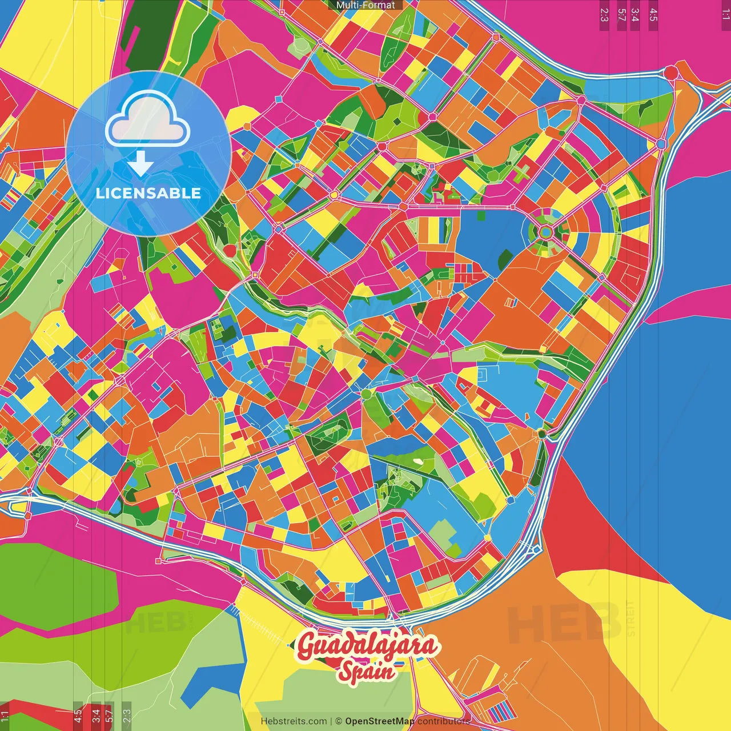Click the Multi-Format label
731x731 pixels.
pyautogui.click(x=365, y=5)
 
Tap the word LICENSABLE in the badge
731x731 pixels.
pyautogui.click(x=148, y=193)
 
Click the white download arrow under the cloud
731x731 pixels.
pyautogui.click(x=140, y=164)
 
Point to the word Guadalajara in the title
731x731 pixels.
pyautogui.click(x=368, y=646)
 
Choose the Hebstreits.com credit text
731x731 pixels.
pyautogui.click(x=294, y=721)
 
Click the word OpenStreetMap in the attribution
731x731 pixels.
pyautogui.click(x=380, y=721)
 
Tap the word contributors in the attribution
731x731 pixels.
pyautogui.click(x=444, y=721)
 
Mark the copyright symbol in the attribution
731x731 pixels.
pyautogui.click(x=338, y=721)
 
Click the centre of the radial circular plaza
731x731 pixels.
pyautogui.click(x=546, y=232)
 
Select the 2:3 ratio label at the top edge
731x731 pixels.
pyautogui.click(x=604, y=14)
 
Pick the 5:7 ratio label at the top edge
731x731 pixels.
pyautogui.click(x=622, y=14)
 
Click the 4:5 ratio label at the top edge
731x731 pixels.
pyautogui.click(x=653, y=14)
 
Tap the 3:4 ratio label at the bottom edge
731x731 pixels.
pyautogui.click(x=96, y=715)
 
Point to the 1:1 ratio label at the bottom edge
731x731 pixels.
pyautogui.click(x=5, y=715)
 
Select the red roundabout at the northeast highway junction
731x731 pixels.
pyautogui.click(x=671, y=73)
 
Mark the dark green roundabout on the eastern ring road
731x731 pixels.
pyautogui.click(x=541, y=434)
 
